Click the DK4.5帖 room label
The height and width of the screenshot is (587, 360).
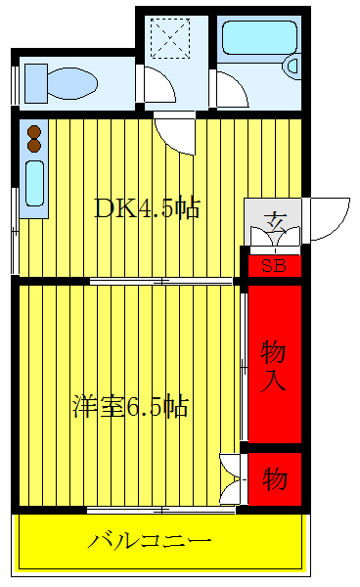tap(147, 207)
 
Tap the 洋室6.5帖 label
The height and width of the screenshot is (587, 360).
tap(130, 406)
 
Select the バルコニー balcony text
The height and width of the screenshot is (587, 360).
tap(150, 541)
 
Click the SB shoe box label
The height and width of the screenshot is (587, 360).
tap(274, 266)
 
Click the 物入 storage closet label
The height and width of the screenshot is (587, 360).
tap(273, 366)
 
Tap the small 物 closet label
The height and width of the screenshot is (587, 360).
tap(275, 478)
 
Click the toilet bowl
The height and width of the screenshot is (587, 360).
tap(72, 83)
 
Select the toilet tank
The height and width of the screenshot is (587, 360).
tap(36, 83)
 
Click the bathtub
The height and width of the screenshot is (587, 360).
tap(259, 38)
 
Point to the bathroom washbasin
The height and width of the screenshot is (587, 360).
tap(292, 67)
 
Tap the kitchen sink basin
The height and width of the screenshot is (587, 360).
tap(35, 184)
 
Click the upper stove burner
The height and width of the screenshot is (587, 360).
tap(34, 132)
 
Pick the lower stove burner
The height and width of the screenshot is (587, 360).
tap(34, 146)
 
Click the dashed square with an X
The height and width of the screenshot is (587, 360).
tap(170, 38)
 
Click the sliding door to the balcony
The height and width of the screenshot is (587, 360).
tap(161, 510)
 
